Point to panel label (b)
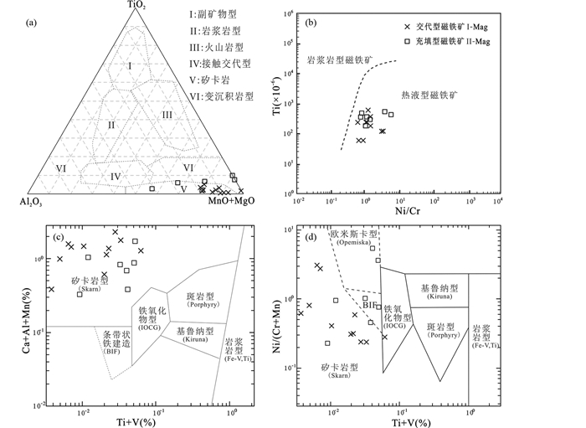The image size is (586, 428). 311,22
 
